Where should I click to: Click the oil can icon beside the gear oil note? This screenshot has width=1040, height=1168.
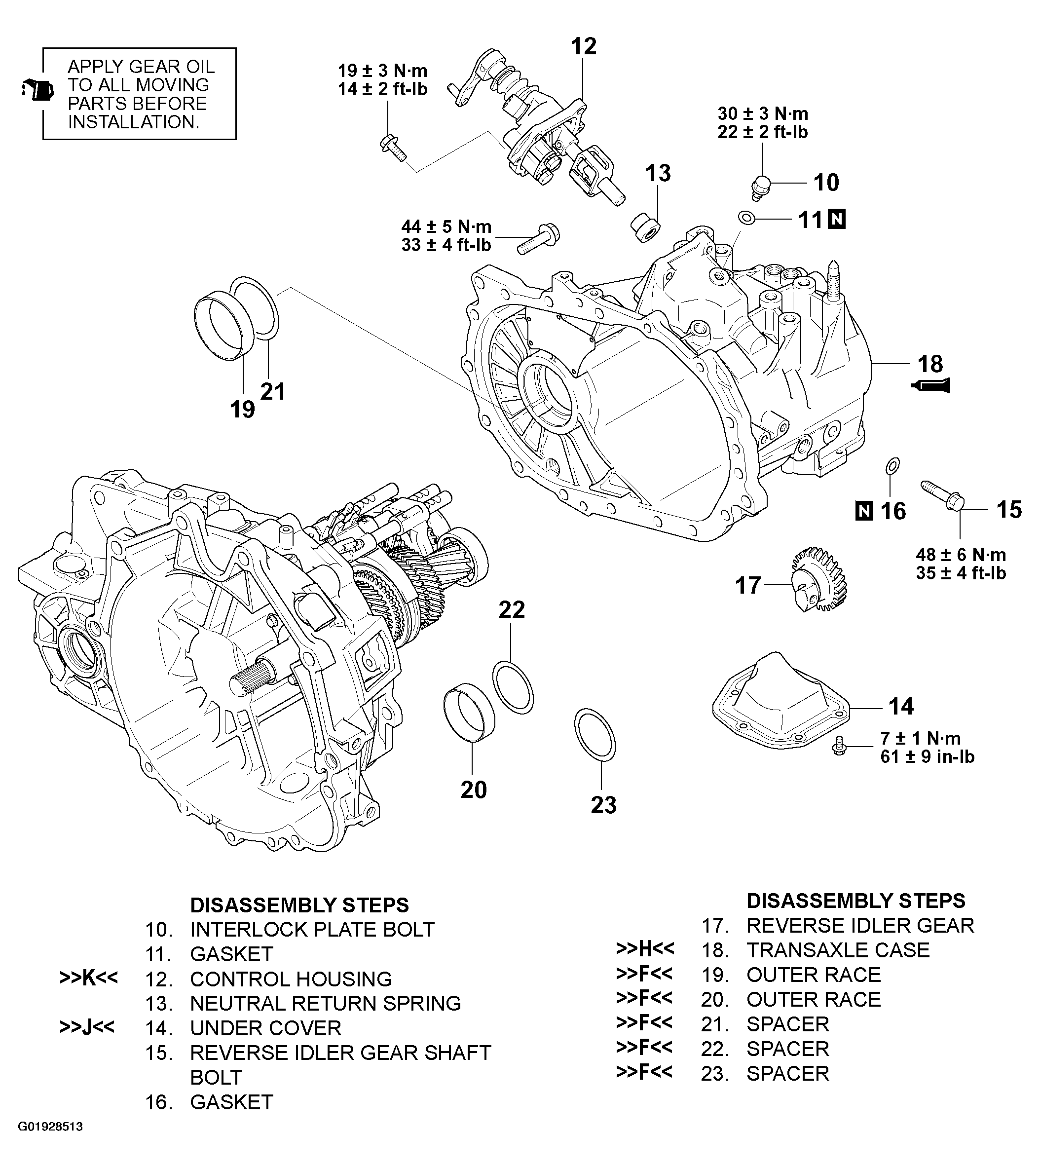coord(37,90)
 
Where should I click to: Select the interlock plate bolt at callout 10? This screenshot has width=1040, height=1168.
coord(761,187)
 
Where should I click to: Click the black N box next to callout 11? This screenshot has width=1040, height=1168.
coord(837,219)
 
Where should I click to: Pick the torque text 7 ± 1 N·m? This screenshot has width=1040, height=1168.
coord(920,738)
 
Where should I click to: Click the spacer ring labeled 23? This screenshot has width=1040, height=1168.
coord(595,735)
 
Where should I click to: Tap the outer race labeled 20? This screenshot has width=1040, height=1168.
coord(469,716)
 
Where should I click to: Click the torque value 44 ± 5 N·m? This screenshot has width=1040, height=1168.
coord(446,226)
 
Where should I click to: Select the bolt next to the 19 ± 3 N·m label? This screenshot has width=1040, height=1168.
coord(393,146)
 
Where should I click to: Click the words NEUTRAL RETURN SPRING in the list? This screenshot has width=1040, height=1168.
coord(325,1003)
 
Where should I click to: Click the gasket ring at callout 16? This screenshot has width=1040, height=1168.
coord(892,466)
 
